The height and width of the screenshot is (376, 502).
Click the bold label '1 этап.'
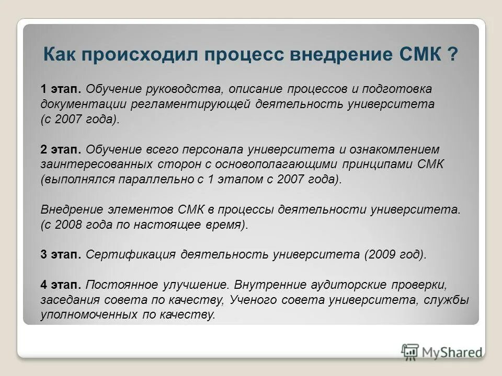(61, 89)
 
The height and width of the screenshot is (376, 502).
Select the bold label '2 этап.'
(61, 149)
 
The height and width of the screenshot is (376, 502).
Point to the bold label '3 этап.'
(61, 255)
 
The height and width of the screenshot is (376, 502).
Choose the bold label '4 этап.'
(61, 285)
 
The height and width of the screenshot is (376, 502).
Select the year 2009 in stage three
(380, 255)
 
